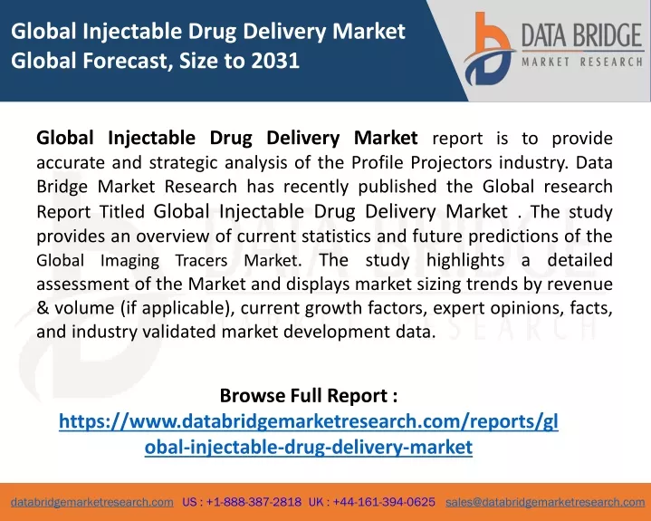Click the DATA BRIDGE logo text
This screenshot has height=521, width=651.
[582, 35]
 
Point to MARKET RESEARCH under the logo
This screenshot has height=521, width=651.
[582, 63]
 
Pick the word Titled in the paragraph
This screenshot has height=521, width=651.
[121, 211]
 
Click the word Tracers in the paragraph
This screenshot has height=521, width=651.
[201, 261]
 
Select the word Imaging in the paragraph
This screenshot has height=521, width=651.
[129, 261]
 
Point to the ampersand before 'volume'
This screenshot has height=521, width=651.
[43, 308]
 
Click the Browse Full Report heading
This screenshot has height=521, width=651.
[309, 395]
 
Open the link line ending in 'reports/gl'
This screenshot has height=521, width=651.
[309, 421]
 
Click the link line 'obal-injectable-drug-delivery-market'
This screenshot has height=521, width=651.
[309, 447]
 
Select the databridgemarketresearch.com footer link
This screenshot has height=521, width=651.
[92, 502]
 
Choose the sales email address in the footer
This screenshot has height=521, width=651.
[545, 502]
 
